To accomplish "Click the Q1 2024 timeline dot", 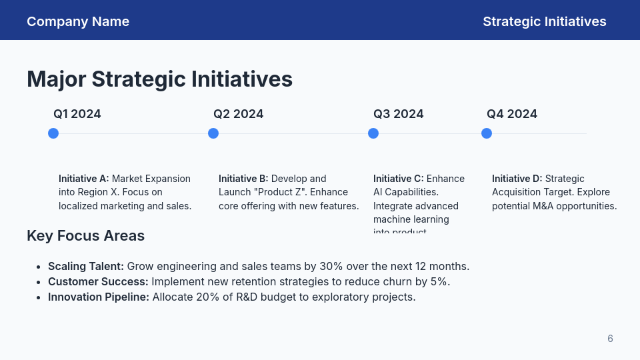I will [53, 133].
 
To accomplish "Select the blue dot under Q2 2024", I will [213, 133].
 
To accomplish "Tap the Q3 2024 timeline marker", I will [373, 133].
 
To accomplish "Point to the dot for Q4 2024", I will [487, 133].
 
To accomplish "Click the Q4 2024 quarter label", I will [511, 114].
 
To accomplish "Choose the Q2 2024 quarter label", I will [238, 114].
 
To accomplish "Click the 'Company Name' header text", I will [78, 21].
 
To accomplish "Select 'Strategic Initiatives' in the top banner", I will [544, 21].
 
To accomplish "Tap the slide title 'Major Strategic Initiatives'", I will [159, 79].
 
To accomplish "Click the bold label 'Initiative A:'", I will [83, 179].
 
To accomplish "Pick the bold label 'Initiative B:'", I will [243, 179].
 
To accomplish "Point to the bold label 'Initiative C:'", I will [398, 179].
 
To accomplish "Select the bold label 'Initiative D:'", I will [517, 179].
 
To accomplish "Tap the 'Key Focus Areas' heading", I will [85, 235].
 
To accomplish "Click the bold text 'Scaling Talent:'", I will [86, 266].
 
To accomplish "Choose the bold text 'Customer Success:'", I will [98, 281].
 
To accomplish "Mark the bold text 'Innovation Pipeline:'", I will [99, 297].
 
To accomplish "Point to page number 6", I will [610, 339].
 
